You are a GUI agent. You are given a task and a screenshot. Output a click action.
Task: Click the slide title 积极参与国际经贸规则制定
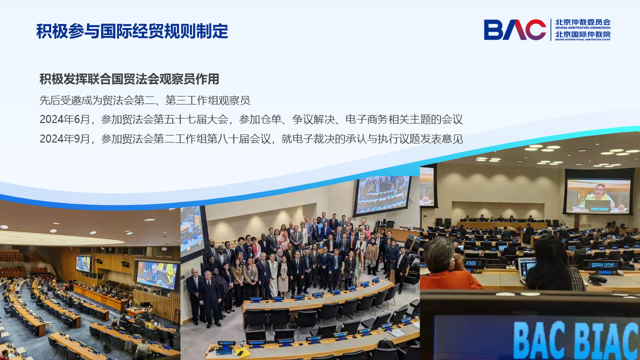tap(132, 31)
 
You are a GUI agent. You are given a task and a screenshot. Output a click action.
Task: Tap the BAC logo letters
tap(515, 29)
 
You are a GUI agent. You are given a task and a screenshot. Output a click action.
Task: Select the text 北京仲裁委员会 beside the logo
tap(583, 22)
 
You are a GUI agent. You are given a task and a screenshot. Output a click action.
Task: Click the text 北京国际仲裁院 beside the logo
tap(583, 34)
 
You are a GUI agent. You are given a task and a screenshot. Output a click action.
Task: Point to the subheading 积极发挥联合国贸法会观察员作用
tap(129, 79)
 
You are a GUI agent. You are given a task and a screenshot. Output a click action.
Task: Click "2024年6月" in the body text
tap(64, 119)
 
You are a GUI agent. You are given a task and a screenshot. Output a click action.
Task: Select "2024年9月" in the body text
tap(64, 139)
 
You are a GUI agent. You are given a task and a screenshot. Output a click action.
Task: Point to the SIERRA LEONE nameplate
tap(602, 265)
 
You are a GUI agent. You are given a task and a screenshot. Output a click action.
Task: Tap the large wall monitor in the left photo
tap(156, 274)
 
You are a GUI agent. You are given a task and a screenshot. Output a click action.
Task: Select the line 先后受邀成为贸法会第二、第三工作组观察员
tap(145, 100)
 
